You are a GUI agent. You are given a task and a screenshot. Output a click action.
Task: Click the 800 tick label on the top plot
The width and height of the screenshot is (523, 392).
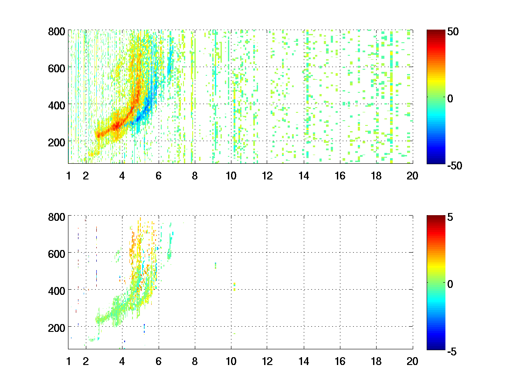[57, 32]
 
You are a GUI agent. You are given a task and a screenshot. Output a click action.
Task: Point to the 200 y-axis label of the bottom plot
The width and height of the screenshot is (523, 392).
[57, 327]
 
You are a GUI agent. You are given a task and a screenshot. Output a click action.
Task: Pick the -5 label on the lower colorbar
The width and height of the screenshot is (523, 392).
[451, 350]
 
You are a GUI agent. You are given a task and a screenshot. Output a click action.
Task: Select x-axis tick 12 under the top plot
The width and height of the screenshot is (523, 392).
[267, 176]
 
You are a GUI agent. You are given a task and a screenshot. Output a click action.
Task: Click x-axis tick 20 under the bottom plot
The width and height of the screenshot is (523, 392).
[412, 361]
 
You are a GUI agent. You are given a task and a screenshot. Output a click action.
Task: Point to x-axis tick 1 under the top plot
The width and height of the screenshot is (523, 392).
[68, 176]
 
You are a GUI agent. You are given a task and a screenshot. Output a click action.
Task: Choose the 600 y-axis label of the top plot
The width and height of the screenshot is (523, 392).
[57, 68]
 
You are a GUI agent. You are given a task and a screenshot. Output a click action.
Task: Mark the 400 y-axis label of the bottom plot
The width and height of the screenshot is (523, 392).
[57, 290]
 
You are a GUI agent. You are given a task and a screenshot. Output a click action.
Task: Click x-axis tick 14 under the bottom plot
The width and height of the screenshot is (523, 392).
[303, 361]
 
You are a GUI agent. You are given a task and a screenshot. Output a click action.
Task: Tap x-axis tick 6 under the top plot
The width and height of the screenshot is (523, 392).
[158, 176]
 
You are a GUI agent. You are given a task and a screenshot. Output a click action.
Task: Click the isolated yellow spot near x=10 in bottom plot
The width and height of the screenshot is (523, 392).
[234, 286]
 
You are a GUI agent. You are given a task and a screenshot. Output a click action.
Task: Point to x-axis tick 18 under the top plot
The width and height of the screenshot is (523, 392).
[376, 176]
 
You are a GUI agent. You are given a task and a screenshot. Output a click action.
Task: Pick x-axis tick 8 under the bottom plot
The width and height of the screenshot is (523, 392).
[194, 361]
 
